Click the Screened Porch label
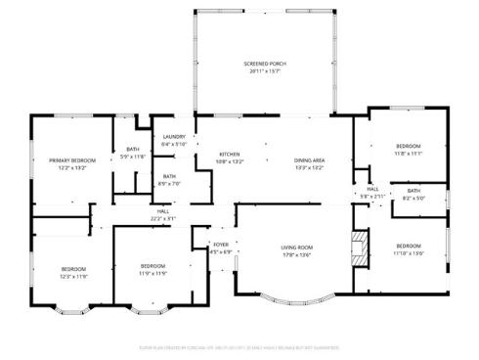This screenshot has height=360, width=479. pos(262,64)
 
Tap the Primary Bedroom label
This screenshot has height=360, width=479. pos(72,159)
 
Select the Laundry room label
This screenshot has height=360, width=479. pos(174,137)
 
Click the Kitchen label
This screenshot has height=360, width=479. pos(230,155)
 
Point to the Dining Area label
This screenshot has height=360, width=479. pos(309,159)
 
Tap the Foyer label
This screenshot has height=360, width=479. pos(221,245)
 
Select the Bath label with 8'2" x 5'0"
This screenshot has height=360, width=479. pos(414,191)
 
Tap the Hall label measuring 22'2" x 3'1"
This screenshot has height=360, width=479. pos(163,211)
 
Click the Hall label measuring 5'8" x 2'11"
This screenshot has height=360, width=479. pos(372,189)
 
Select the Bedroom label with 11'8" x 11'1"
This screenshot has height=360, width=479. pos(408,146)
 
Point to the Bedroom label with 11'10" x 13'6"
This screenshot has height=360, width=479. pos(409,245)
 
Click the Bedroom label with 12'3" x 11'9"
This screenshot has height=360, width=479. pos(74,269)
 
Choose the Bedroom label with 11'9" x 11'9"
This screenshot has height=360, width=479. pos(152,266)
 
